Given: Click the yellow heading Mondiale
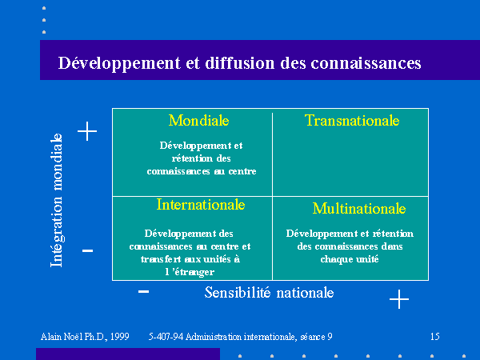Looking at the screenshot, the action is pyautogui.click(x=198, y=120).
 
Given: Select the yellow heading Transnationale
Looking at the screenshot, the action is pyautogui.click(x=352, y=120).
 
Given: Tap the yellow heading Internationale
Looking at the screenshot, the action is pyautogui.click(x=201, y=205).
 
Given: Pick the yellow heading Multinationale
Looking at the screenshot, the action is pyautogui.click(x=359, y=209).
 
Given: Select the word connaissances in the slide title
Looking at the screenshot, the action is pyautogui.click(x=366, y=63).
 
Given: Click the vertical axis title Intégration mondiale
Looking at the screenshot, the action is pyautogui.click(x=56, y=200).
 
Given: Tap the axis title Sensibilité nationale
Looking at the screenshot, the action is pyautogui.click(x=269, y=293).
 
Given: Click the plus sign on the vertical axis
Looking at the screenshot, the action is pyautogui.click(x=87, y=131).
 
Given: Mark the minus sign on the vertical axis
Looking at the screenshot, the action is pyautogui.click(x=87, y=250).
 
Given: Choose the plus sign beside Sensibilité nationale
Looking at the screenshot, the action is pyautogui.click(x=399, y=299).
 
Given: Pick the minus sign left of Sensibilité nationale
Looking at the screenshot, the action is pyautogui.click(x=143, y=291).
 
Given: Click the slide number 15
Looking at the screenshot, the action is pyautogui.click(x=435, y=337).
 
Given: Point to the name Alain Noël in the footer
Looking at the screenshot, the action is pyautogui.click(x=62, y=337).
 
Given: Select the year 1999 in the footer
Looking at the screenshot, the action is pyautogui.click(x=120, y=337).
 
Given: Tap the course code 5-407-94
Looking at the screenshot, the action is pyautogui.click(x=166, y=337).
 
